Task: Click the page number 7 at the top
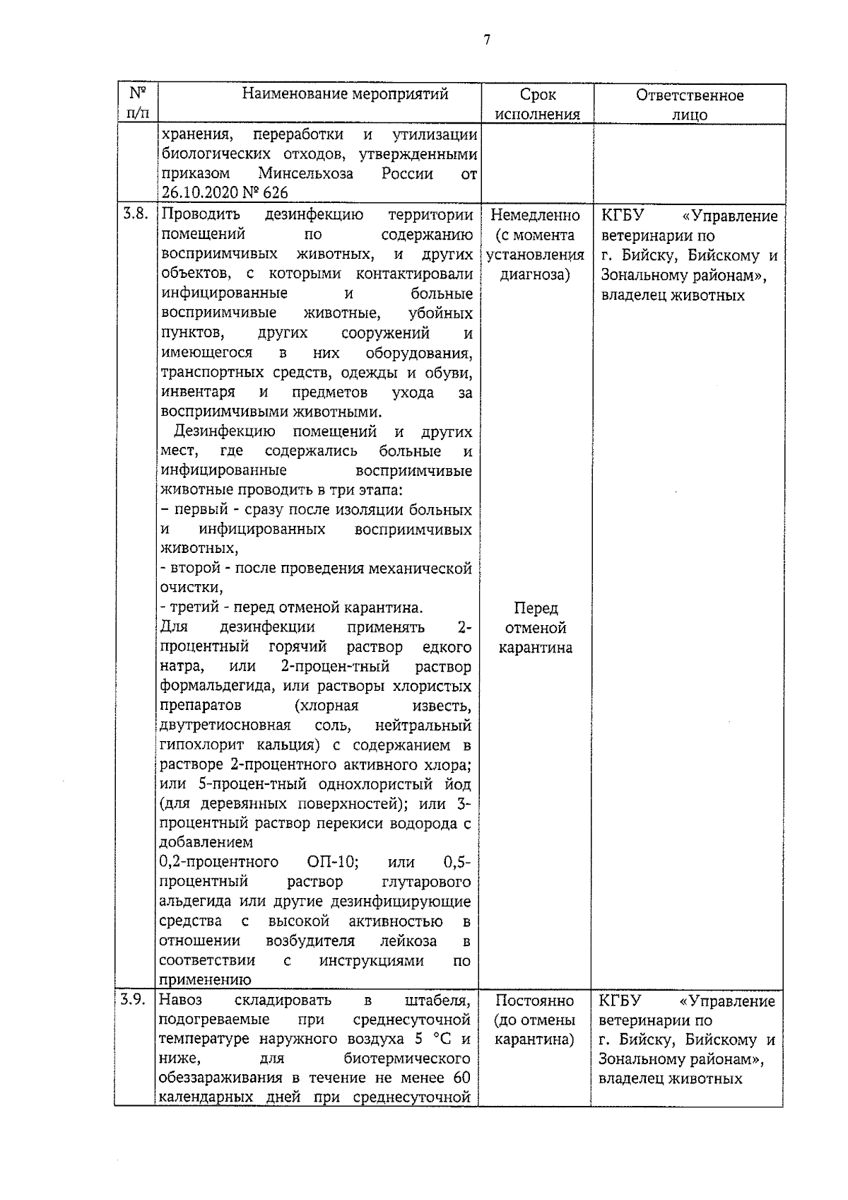coord(486,40)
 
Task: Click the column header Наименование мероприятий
coord(345,94)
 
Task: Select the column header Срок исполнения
coord(537,104)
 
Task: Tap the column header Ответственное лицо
coord(689,105)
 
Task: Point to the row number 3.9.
coord(132,1000)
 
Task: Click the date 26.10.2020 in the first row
coord(201,193)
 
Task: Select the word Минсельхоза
coord(305,174)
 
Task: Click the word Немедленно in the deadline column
coord(535,216)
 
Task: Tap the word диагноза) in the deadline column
coord(535,274)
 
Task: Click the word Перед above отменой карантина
coord(536,608)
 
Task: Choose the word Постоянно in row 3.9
coord(534,1001)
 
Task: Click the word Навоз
coord(181,1000)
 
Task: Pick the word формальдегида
coord(216,686)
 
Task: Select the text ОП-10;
coord(333,863)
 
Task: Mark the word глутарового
coord(425,882)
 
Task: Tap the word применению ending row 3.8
coord(205,981)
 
